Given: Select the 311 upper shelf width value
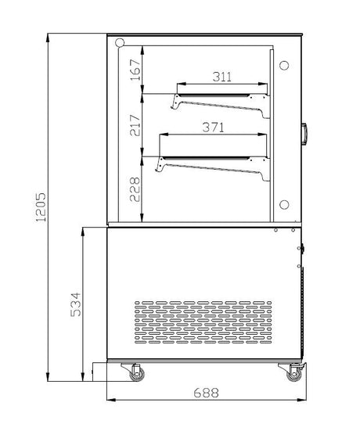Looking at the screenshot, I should point(221,76).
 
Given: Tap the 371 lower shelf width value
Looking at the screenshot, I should point(209,127).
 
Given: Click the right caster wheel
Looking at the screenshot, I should point(293,374).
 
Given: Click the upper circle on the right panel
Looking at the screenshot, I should point(284,64).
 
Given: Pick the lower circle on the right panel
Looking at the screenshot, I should point(284,204).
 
